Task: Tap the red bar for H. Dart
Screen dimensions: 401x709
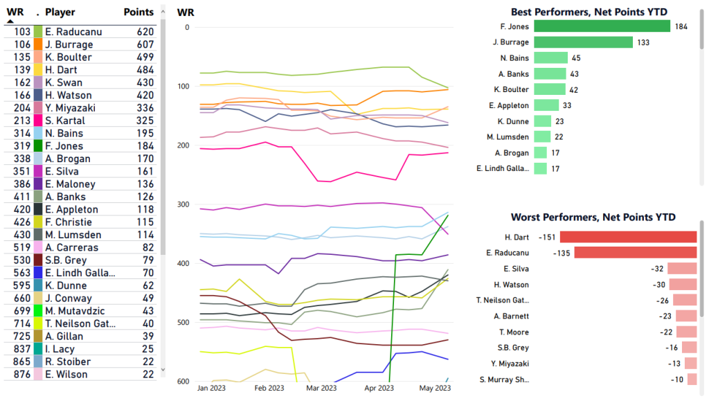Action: [x=628, y=237]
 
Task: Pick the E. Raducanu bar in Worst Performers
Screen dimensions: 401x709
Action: [x=635, y=253]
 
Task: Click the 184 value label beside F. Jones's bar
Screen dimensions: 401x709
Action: [x=681, y=26]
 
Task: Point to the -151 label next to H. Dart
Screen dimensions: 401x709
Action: [x=548, y=237]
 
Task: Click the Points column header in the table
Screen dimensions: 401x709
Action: [x=138, y=12]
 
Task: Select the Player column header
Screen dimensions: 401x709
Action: [x=60, y=12]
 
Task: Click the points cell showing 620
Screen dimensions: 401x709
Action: [x=145, y=32]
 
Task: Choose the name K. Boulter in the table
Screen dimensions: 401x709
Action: [x=68, y=57]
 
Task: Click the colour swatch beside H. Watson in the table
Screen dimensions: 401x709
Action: [x=38, y=95]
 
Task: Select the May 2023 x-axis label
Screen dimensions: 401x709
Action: [x=435, y=389]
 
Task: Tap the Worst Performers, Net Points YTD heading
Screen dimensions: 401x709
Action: [x=593, y=217]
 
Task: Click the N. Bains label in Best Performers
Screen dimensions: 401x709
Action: [x=514, y=58]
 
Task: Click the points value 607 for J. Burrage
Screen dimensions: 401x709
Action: [x=145, y=44]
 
